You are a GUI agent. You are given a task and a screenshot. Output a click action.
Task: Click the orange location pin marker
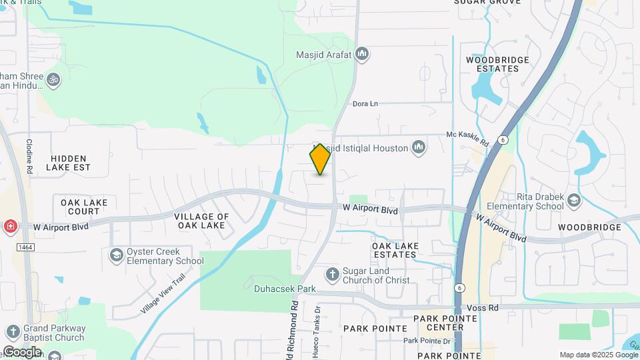[x=320, y=159]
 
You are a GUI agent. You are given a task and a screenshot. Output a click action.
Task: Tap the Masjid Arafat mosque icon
[x=362, y=53]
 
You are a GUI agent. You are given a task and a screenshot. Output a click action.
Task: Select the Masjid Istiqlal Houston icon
[x=418, y=147]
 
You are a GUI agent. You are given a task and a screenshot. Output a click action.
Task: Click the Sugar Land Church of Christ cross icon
[x=332, y=274]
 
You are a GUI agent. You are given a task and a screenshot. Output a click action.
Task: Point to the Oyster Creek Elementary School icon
[x=117, y=255]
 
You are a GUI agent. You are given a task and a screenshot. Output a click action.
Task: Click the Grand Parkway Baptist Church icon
[x=13, y=332]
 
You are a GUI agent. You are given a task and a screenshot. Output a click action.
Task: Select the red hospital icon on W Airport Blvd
[x=10, y=227]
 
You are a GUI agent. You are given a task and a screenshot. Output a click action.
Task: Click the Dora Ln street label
[x=365, y=103]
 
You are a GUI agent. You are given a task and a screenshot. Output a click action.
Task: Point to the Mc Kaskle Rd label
[x=468, y=138]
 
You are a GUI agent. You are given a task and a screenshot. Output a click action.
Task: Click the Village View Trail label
[x=162, y=297]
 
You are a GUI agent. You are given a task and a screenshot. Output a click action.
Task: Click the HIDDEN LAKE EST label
[x=70, y=163]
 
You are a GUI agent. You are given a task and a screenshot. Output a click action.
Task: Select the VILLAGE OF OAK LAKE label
[x=201, y=221]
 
